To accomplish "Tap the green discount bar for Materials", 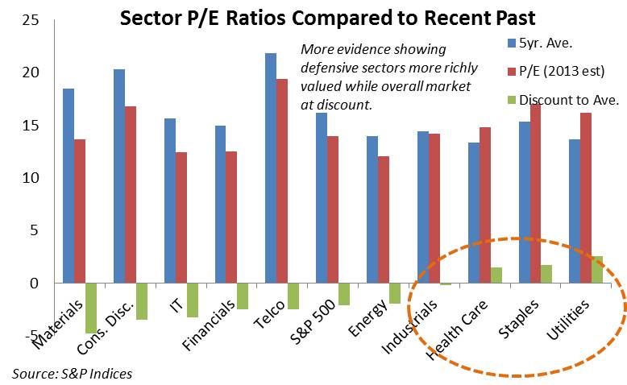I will pyautogui.click(x=91, y=308).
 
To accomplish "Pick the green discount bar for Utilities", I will pyautogui.click(x=597, y=270).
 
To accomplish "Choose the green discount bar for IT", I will pyautogui.click(x=193, y=300).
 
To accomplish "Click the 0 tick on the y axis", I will pyautogui.click(x=31, y=283).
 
